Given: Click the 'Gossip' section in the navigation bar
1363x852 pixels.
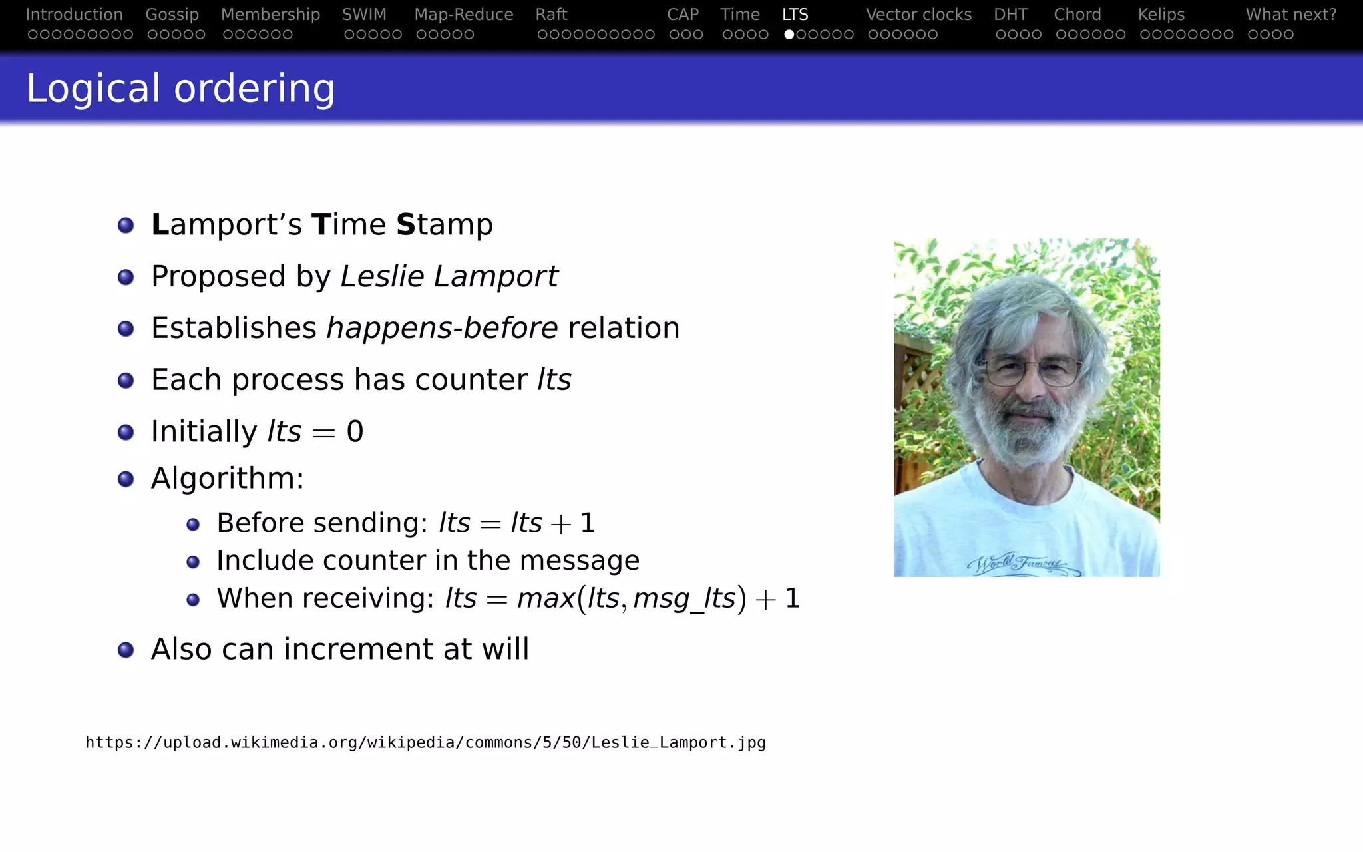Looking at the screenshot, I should click(x=172, y=15).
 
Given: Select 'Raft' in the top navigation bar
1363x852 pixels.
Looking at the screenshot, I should click(x=551, y=15).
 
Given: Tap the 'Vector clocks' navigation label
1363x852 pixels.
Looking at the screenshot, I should click(x=918, y=15).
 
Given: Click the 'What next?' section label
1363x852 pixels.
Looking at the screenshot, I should click(x=1290, y=15).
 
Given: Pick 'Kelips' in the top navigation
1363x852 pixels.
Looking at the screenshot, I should click(x=1161, y=15).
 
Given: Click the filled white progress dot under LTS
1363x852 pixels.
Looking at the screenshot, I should click(x=789, y=34).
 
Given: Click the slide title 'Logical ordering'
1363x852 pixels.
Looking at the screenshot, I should click(x=180, y=89).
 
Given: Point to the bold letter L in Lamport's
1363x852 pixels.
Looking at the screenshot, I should click(x=160, y=224).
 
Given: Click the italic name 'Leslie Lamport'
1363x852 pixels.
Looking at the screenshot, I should click(x=449, y=276).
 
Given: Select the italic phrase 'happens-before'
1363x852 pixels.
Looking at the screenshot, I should click(x=442, y=328).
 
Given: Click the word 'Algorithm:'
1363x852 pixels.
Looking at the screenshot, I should click(x=228, y=478).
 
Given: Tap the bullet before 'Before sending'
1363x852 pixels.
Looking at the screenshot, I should click(x=193, y=525).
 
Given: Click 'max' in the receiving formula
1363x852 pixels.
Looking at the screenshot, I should click(x=546, y=598).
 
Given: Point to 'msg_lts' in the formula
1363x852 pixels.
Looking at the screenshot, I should click(x=684, y=599).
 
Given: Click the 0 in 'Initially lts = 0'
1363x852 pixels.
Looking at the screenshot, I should click(x=355, y=432).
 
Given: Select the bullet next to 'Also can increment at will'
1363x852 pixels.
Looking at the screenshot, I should click(x=126, y=650).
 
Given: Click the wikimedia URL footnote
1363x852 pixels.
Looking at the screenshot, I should click(x=425, y=743).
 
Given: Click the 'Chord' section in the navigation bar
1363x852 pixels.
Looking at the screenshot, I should click(x=1077, y=15).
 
